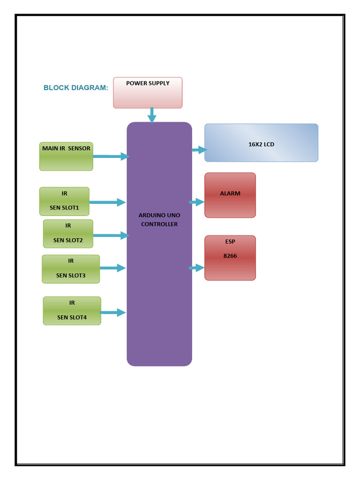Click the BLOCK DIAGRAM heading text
click(x=75, y=88)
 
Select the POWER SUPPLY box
click(x=148, y=93)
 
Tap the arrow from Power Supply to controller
click(x=151, y=115)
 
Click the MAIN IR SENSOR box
click(x=66, y=157)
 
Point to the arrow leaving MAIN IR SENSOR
click(x=111, y=157)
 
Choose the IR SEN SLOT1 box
click(x=64, y=202)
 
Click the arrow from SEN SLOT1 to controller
click(x=107, y=202)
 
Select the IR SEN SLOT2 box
click(x=68, y=233)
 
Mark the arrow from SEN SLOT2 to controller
click(x=111, y=235)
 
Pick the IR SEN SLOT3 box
click(x=71, y=269)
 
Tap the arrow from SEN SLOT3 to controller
click(x=113, y=268)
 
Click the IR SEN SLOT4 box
click(x=72, y=311)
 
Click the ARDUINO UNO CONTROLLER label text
click(x=159, y=220)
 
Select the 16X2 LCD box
click(x=261, y=143)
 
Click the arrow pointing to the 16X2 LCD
click(x=199, y=150)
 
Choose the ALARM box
click(x=230, y=195)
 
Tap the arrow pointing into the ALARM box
click(x=197, y=202)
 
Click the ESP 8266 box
click(x=230, y=258)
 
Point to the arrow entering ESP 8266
click(x=197, y=268)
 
